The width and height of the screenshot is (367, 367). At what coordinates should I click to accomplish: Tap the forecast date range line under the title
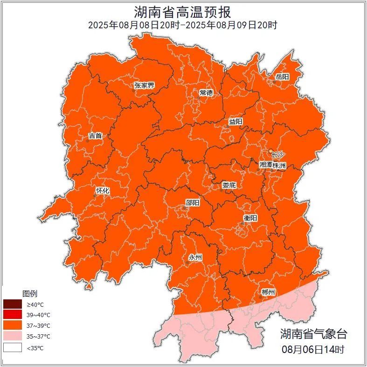coord(183,25)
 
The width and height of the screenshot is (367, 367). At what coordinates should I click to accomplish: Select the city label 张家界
coord(144,85)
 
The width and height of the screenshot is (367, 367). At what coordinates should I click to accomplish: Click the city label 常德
coord(206,93)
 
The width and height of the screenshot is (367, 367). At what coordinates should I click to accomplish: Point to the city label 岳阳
coord(282,76)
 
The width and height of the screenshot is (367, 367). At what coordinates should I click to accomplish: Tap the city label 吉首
coord(95,136)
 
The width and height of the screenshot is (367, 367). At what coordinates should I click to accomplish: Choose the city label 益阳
coord(235,122)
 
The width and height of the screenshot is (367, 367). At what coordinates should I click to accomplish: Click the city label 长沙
coord(277,154)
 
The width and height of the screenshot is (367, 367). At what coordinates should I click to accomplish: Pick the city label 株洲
coord(279,165)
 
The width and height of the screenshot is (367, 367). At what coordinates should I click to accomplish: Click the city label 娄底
coord(229,185)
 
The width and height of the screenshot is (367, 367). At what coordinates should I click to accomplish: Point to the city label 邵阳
coord(192,202)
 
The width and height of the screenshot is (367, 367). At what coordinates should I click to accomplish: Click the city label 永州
coord(195,257)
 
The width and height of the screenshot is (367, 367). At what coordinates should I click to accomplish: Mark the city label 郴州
coord(268,292)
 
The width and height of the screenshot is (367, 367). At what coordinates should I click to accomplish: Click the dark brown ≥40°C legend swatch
coord(13,305)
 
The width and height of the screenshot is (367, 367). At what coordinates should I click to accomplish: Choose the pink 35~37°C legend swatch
coord(13,336)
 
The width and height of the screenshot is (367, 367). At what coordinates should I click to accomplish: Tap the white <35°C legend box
coord(13,347)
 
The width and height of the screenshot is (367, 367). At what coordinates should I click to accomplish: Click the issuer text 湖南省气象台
coord(313,334)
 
